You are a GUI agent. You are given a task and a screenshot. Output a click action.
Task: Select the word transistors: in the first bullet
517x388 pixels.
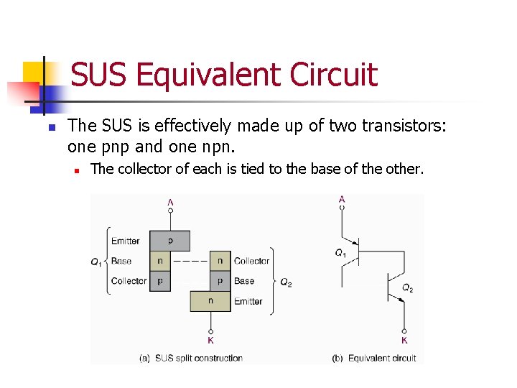402,127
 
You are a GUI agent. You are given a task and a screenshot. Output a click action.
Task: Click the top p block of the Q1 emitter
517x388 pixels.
170,241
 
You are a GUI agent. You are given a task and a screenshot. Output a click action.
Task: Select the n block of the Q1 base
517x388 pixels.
160,261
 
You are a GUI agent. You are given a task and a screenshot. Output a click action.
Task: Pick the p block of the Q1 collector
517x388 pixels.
160,281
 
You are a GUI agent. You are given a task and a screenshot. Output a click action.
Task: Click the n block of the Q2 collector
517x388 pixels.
220,261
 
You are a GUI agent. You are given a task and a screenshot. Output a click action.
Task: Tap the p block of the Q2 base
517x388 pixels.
220,281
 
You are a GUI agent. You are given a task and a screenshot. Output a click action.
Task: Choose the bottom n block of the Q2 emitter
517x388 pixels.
210,301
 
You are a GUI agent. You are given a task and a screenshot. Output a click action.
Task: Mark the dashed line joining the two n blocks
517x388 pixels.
190,261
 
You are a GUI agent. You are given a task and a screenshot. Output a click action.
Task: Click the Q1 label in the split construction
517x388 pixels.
96,262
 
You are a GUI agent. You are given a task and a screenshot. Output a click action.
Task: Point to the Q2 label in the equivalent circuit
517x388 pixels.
407,288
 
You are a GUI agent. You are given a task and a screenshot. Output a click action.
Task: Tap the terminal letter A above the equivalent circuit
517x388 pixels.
342,199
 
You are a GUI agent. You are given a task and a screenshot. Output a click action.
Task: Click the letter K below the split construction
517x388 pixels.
210,341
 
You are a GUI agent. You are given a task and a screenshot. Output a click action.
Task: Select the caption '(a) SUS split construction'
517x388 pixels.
190,358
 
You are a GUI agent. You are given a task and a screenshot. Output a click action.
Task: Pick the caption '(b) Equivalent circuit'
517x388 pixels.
373,358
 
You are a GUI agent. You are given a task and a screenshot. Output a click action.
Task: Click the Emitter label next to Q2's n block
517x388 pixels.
248,302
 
